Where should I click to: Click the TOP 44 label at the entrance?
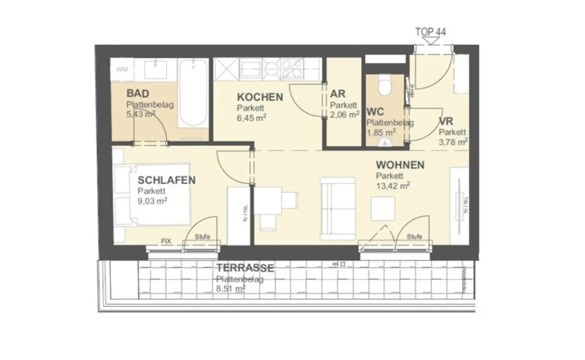click(430, 32)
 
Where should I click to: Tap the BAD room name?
click(137, 93)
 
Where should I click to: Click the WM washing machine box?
click(122, 69)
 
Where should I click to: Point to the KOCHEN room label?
click(260, 97)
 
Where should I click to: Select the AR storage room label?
click(337, 94)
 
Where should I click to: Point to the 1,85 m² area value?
click(381, 132)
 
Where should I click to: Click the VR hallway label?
click(446, 122)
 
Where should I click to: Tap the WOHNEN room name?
click(400, 165)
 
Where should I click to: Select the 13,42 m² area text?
click(393, 186)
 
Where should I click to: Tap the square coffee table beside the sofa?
click(383, 209)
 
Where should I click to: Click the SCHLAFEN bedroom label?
click(166, 180)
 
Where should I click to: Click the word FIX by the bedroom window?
click(166, 241)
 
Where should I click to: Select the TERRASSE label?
click(245, 268)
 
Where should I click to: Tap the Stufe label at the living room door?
click(414, 237)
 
